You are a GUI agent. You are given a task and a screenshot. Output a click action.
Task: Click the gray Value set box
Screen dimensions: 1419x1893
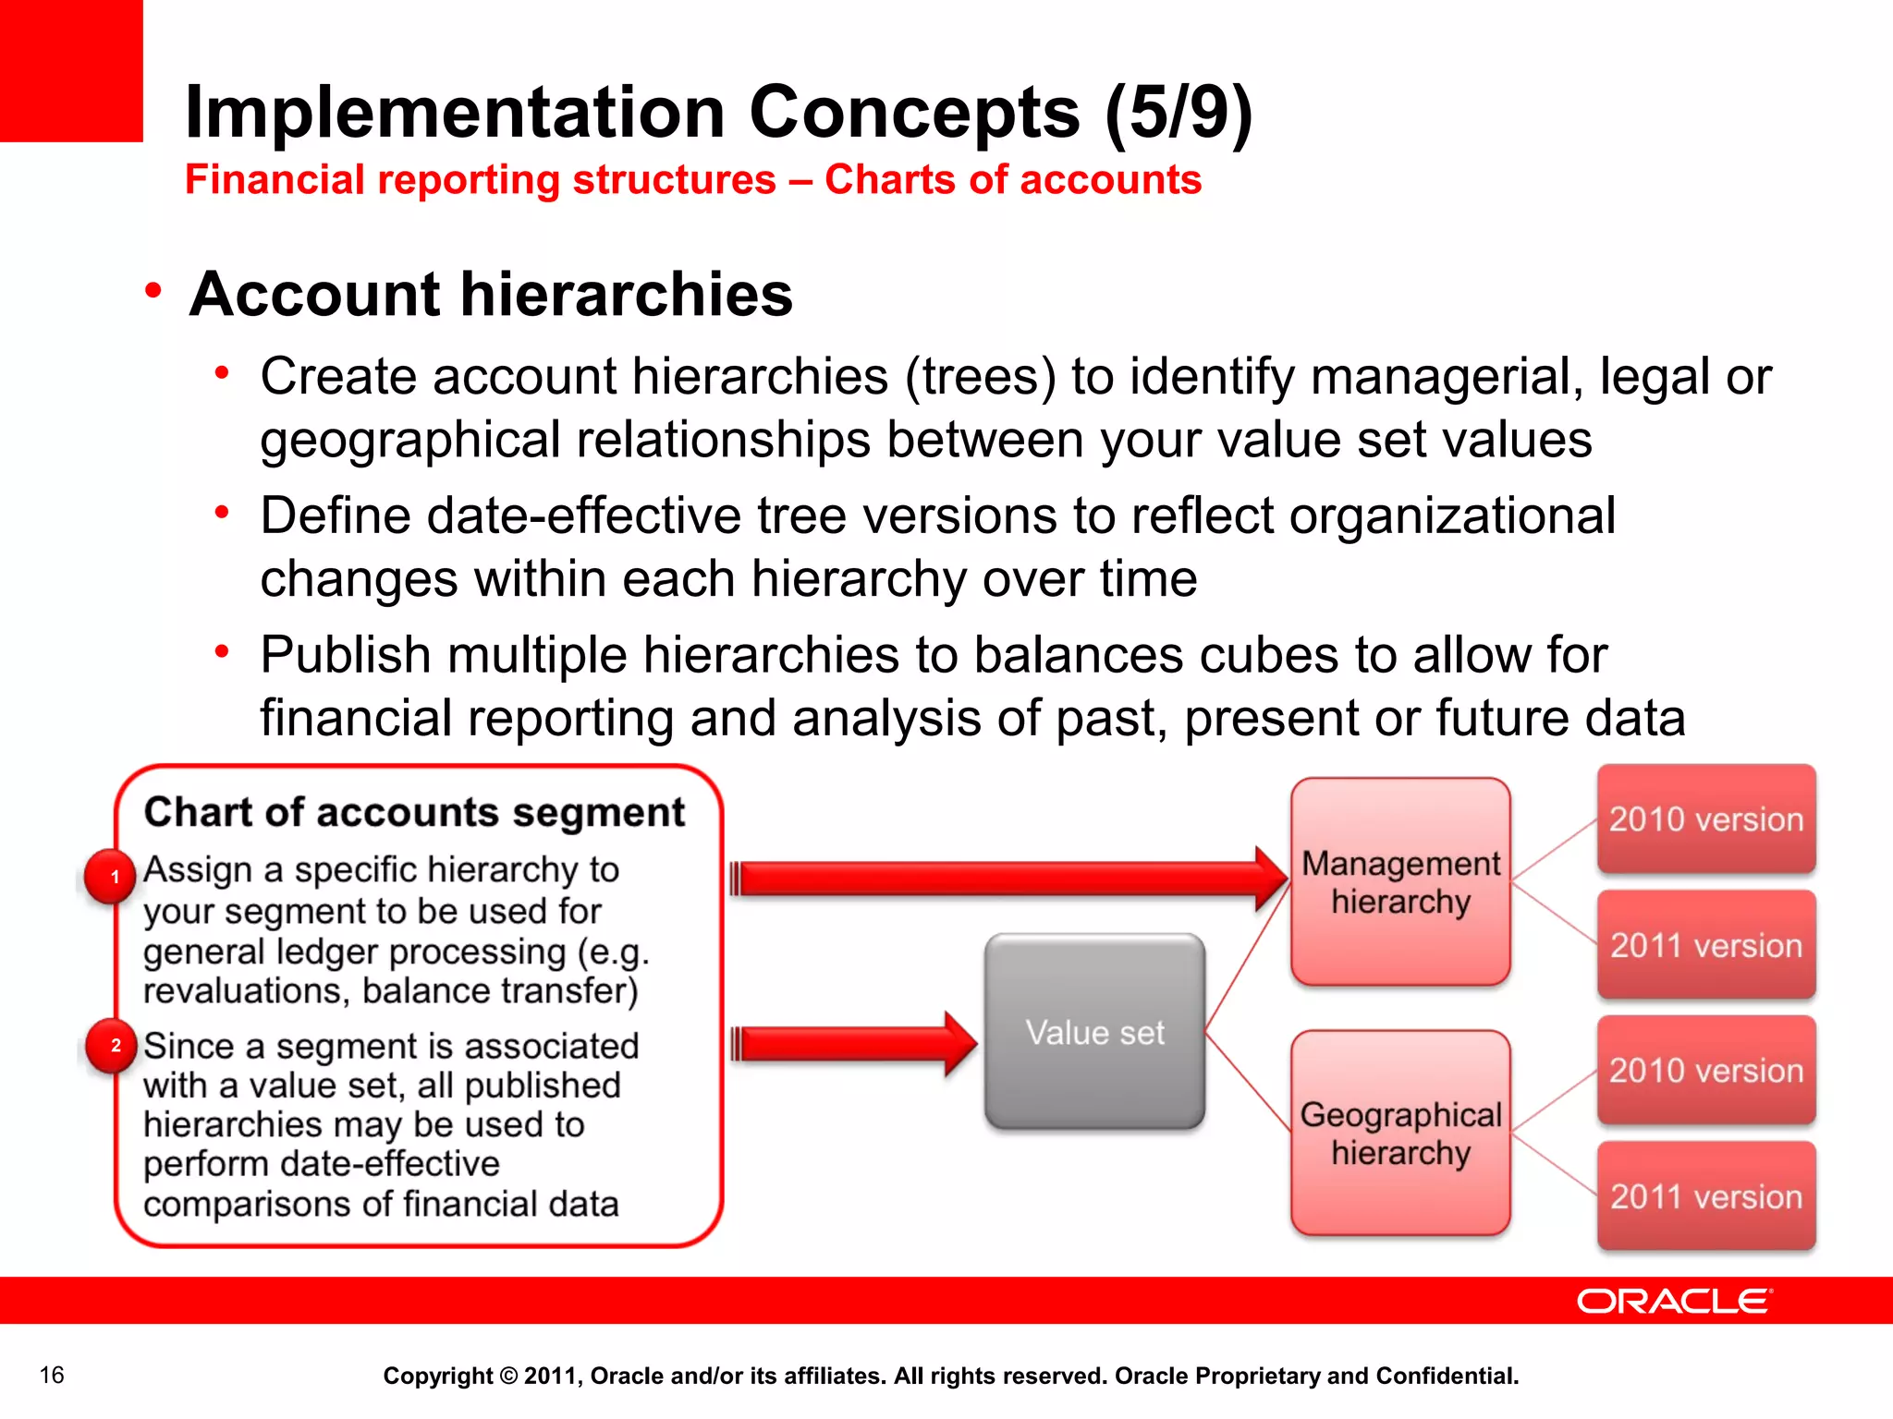[1094, 1031]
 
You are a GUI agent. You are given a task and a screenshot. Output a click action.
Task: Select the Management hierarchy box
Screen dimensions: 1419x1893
[1400, 881]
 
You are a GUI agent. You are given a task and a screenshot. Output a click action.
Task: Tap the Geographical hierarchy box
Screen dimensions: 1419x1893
[1400, 1133]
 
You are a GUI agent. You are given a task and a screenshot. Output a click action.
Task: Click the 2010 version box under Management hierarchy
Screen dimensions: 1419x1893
[1706, 819]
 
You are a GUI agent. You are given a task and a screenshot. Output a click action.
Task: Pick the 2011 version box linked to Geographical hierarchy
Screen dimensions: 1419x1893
[1706, 1195]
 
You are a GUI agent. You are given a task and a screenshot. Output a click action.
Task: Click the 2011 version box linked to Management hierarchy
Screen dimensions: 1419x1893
[1706, 944]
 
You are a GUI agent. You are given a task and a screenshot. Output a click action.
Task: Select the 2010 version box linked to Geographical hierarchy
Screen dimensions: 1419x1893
[1706, 1070]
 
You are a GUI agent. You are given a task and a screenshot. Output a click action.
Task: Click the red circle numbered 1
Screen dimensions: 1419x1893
[112, 876]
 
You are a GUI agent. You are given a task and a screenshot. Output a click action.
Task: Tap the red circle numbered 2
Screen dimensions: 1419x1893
[114, 1045]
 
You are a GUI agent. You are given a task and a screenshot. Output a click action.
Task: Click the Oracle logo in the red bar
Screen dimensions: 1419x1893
[1674, 1301]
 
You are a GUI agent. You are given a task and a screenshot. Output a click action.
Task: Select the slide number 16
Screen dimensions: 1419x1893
[52, 1375]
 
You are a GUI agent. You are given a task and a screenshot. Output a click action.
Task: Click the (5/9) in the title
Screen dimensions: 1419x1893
[1179, 112]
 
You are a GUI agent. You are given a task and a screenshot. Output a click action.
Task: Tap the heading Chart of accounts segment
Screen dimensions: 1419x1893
[414, 812]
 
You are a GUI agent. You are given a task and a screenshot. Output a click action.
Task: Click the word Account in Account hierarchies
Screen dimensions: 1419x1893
[314, 294]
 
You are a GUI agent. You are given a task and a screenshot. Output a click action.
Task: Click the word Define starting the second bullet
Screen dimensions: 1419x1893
[335, 515]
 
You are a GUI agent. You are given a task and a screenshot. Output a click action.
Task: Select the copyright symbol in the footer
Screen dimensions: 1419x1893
[508, 1376]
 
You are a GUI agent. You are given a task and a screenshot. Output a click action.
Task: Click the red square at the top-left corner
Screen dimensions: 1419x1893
[71, 70]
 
